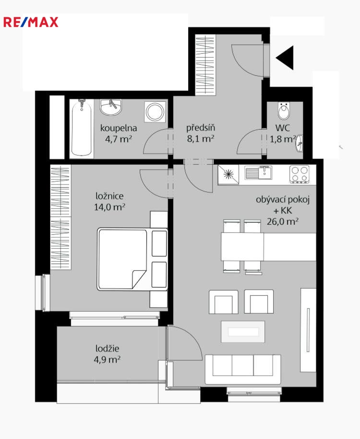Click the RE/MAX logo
click(x=31, y=22)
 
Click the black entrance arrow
click(x=285, y=58)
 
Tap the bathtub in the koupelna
click(x=82, y=127)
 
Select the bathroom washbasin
click(x=111, y=107)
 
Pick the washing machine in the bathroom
click(x=155, y=112)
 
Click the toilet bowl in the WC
click(x=284, y=110)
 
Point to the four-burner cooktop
click(x=300, y=174)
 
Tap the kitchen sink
click(x=258, y=173)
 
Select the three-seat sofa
click(x=243, y=369)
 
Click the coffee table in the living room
click(x=243, y=332)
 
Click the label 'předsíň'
click(x=201, y=128)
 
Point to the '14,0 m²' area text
click(x=109, y=207)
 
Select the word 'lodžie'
click(x=107, y=348)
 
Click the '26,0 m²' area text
click(x=283, y=221)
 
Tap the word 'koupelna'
click(x=119, y=128)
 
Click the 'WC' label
click(x=283, y=128)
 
